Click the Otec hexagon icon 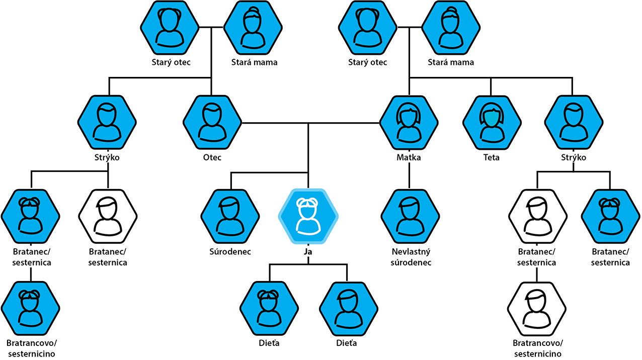212,122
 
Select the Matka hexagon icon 409,122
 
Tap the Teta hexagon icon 492,122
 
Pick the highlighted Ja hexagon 308,216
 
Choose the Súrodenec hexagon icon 230,216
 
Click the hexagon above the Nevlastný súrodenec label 411,216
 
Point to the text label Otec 212,157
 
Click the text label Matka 409,157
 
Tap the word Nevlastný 411,251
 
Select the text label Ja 308,251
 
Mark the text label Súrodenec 230,251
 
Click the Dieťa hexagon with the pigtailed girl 269,308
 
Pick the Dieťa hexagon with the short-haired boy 349,308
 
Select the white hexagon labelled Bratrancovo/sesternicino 537,308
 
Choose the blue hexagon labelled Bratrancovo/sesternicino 30,308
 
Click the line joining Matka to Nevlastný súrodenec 409,175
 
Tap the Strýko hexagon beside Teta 574,122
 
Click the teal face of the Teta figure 492,121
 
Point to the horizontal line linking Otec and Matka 310,123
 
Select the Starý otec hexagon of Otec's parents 170,28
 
